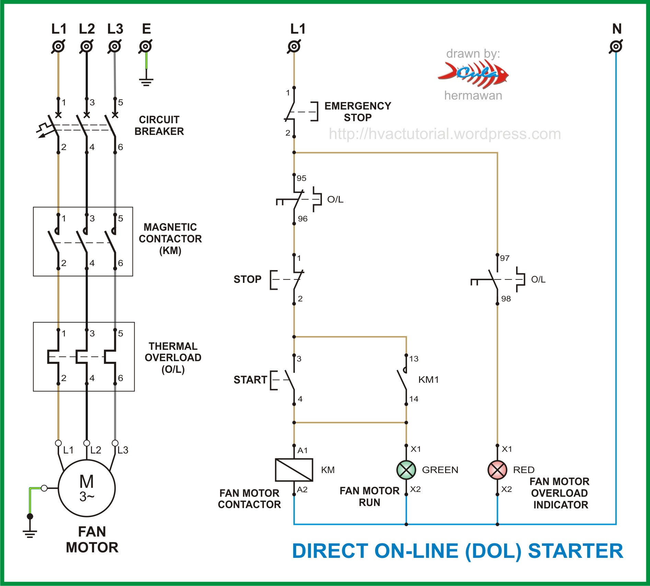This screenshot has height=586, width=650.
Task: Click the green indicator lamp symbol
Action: [406, 470]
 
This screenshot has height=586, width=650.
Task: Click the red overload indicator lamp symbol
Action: [497, 470]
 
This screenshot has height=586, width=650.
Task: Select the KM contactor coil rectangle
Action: [294, 470]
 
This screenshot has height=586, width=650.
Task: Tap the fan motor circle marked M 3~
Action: [86, 488]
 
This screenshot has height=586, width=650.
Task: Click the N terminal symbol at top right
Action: [616, 46]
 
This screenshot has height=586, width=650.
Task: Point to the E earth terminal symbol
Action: [146, 46]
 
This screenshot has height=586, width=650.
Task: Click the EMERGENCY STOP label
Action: [358, 112]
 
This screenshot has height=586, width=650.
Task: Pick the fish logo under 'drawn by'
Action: [473, 74]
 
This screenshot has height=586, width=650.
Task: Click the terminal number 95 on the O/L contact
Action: [301, 178]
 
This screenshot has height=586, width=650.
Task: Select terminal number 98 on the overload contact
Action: [506, 299]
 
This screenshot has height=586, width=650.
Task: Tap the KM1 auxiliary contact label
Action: [428, 380]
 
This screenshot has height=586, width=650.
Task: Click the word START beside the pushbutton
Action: [250, 380]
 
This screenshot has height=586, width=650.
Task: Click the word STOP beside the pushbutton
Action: [247, 279]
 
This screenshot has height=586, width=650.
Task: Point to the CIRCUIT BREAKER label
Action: [159, 125]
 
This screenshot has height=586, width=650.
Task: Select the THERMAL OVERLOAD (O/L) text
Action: [173, 357]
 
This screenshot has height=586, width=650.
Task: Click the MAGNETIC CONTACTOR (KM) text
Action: [170, 239]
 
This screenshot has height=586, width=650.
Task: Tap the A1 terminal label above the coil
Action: [302, 450]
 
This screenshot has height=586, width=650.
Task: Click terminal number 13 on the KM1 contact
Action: [414, 359]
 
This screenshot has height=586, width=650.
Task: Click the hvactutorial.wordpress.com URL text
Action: [445, 134]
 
